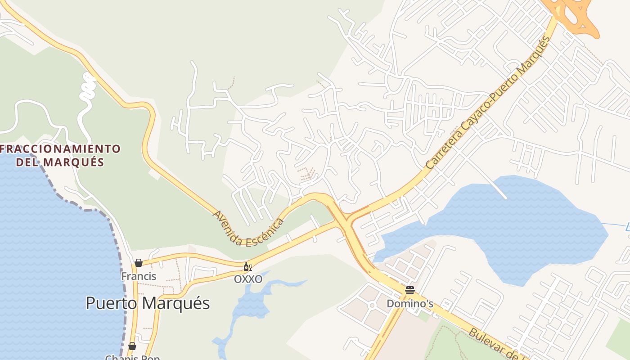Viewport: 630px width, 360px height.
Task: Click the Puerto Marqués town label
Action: coord(148,303)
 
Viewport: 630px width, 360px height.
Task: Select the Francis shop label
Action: coord(139,276)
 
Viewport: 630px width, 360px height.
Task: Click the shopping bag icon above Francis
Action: coord(139,263)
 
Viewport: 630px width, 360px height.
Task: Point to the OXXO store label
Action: coord(248,279)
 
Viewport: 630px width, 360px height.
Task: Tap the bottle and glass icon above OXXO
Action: coord(247,267)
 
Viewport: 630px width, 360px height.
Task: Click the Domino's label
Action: coord(410,304)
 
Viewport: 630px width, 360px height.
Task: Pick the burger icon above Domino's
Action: coord(409,290)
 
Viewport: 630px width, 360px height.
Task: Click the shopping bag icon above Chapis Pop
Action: coord(132,346)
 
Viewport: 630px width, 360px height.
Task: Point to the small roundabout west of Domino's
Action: coord(372,306)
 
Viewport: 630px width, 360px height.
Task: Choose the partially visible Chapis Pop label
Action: coord(132,357)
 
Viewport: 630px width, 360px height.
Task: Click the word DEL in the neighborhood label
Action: coord(28,162)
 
